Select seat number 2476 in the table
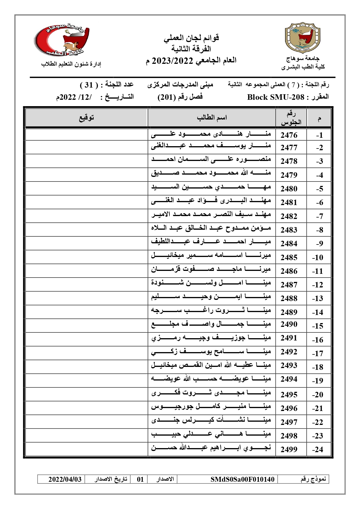point(289,135)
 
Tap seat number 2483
point(289,230)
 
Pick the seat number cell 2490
point(289,324)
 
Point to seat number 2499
point(289,449)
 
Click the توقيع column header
point(86,118)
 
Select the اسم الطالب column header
point(212,118)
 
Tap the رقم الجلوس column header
point(291,118)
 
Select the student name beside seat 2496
point(211,407)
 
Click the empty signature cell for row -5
point(86,189)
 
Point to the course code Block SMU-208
point(275,97)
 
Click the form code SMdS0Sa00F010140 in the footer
point(242,479)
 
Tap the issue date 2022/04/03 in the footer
point(65,479)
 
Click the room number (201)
point(167,97)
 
